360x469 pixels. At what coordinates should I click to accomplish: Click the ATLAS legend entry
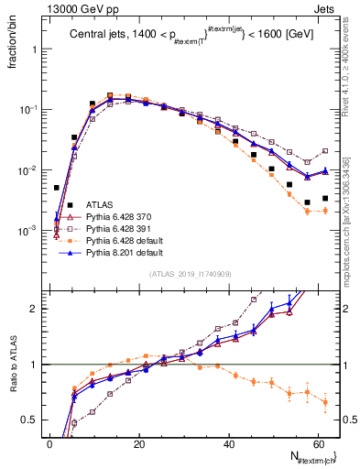tap(100, 203)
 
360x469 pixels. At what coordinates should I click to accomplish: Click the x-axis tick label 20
tap(138, 442)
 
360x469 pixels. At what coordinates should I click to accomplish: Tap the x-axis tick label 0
tap(49, 442)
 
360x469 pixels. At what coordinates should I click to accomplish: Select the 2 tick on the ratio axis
tap(38, 309)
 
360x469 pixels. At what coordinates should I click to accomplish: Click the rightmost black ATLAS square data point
tap(325, 198)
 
